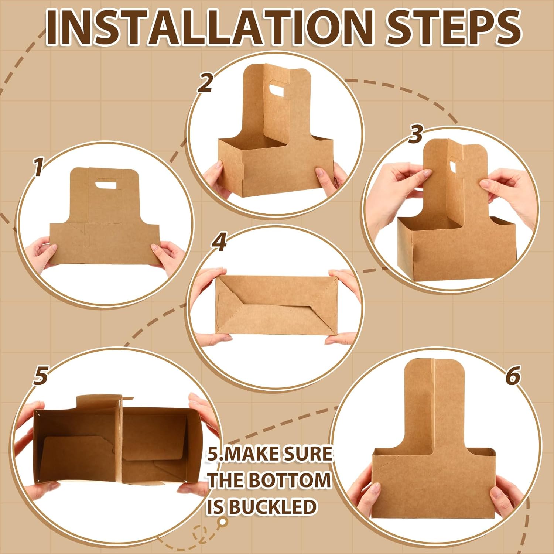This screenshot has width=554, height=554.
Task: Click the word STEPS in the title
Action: tap(454, 27)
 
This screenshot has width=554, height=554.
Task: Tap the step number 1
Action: tap(38, 167)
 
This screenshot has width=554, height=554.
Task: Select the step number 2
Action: tap(205, 83)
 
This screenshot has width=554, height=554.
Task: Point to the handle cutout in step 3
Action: tap(454, 164)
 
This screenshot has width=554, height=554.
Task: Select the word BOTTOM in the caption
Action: tap(290, 480)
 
